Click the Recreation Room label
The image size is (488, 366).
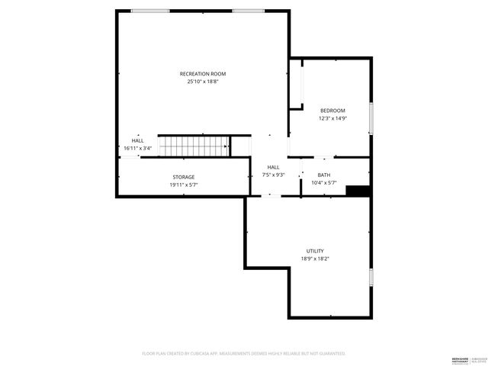pyautogui.click(x=203, y=74)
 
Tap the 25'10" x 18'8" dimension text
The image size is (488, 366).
pyautogui.click(x=203, y=82)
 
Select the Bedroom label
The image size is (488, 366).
pyautogui.click(x=332, y=111)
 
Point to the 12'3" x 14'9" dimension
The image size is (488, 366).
pyautogui.click(x=332, y=118)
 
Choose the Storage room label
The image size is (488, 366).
pyautogui.click(x=183, y=177)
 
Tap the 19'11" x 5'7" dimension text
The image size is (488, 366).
pyautogui.click(x=183, y=185)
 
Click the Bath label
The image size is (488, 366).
pyautogui.click(x=324, y=175)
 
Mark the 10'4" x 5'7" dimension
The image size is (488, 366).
pyautogui.click(x=324, y=183)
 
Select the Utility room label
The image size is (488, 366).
pyautogui.click(x=315, y=251)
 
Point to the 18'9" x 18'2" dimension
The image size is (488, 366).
pyautogui.click(x=315, y=258)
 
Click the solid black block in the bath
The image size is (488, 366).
pyautogui.click(x=358, y=191)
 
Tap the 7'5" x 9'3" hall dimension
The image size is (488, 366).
pyautogui.click(x=273, y=175)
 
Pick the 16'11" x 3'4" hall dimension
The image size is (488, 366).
pyautogui.click(x=138, y=148)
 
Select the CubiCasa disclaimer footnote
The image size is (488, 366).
pyautogui.click(x=244, y=354)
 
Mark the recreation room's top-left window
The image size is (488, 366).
pyautogui.click(x=150, y=11)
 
